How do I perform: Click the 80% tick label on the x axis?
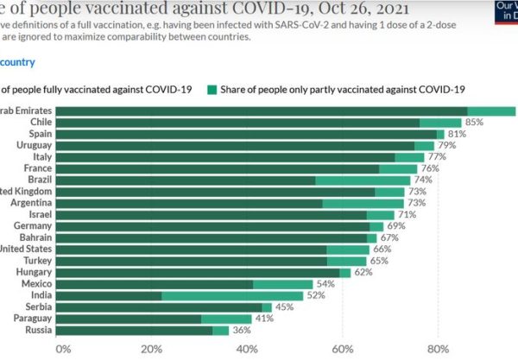438,349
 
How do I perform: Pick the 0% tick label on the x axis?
63,349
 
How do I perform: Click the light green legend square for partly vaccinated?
212,89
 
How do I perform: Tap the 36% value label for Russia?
243,330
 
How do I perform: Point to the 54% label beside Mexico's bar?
326,284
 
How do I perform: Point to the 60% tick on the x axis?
343,349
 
